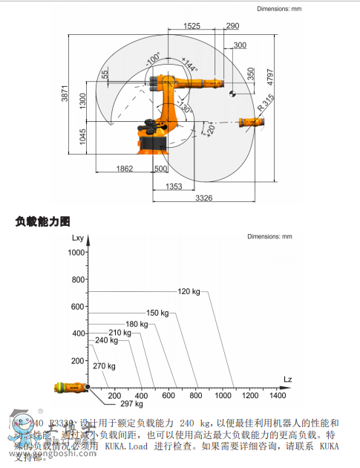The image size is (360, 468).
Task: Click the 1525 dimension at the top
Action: (x=192, y=26)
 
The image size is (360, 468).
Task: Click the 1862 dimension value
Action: (x=124, y=169)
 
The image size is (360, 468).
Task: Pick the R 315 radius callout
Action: (x=265, y=102)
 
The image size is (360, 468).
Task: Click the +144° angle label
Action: (x=189, y=64)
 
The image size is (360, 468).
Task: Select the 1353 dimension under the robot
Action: (x=174, y=186)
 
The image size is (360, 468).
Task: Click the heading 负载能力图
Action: (x=42, y=221)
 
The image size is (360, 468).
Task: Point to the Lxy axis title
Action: (x=79, y=238)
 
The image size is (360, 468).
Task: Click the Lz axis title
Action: (x=287, y=380)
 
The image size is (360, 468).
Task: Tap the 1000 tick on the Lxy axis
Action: (x=76, y=253)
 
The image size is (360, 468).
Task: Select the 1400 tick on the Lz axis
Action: (x=277, y=396)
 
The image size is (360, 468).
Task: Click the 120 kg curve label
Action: (x=189, y=291)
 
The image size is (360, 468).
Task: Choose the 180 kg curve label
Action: (x=137, y=324)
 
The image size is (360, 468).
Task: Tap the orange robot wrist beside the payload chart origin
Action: (x=69, y=387)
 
